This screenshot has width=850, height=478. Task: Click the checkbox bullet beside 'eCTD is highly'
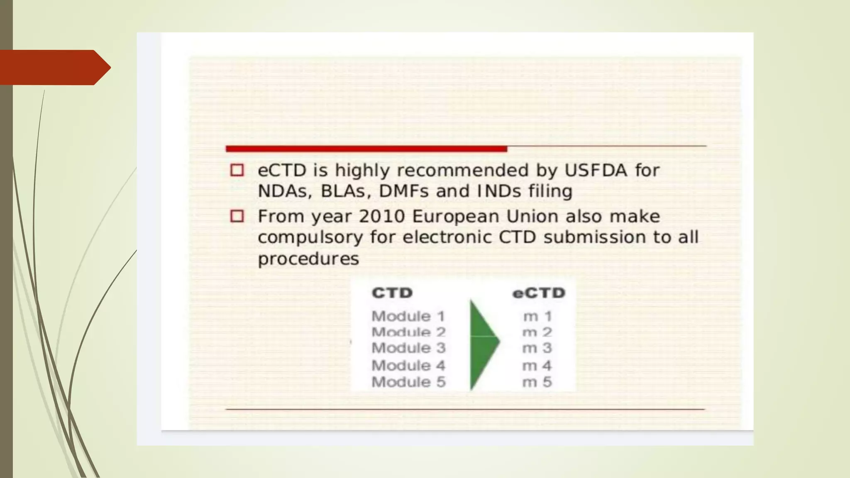237,170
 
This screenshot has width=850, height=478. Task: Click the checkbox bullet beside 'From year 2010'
237,216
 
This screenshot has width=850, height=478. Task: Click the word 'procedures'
308,259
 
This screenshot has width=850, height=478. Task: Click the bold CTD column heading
392,293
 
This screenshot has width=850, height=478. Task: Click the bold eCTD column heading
539,293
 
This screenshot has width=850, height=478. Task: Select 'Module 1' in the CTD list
408,316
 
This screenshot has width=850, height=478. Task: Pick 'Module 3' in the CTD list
408,348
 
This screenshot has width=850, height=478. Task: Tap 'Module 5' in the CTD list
408,382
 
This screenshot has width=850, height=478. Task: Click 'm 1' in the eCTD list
537,316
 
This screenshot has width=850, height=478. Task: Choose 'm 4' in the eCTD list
537,366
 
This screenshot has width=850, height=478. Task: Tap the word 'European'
455,217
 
